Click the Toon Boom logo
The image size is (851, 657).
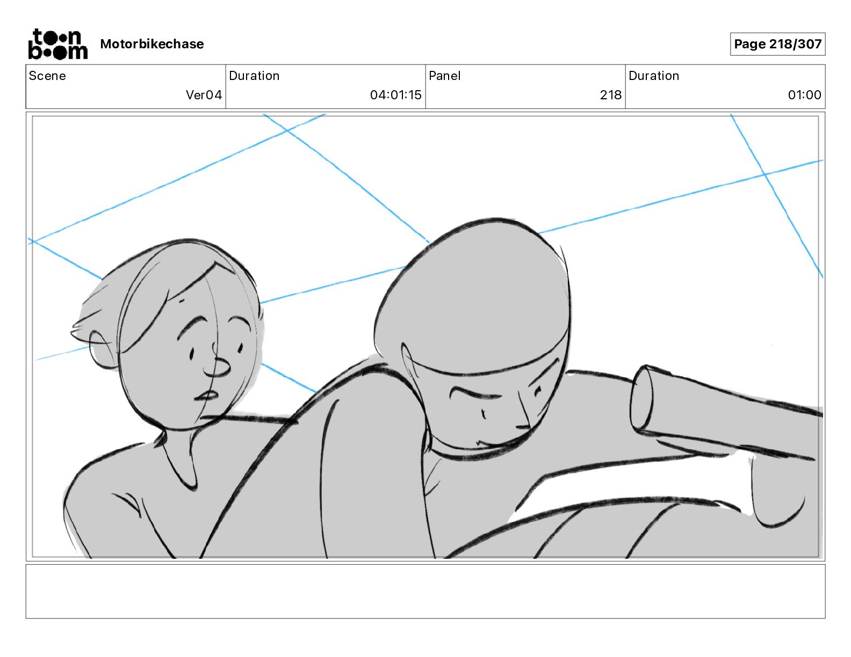pos(58,44)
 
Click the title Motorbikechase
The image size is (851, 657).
pos(152,44)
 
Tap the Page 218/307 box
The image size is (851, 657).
pos(777,44)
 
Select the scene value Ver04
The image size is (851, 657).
pos(204,94)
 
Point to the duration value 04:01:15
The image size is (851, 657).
pos(395,94)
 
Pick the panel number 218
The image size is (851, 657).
pos(610,94)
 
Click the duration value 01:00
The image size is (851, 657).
pos(804,94)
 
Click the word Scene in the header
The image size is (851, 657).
pos(47,76)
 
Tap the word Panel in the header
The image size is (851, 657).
pos(444,76)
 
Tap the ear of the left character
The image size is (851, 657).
pos(103,349)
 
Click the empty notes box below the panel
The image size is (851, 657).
pos(425,592)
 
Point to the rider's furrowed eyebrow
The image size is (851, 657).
pos(474,392)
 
